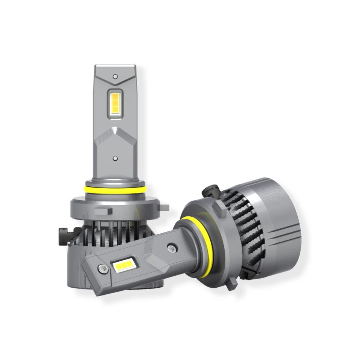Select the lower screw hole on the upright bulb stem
(x=115, y=159)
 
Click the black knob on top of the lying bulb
(x=209, y=189)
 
